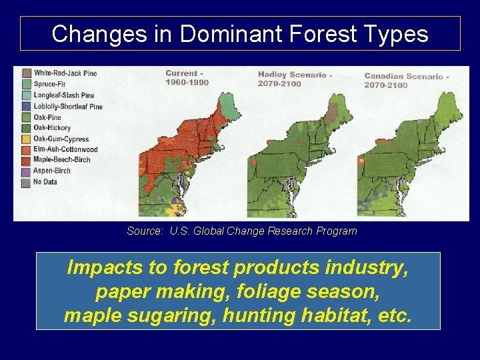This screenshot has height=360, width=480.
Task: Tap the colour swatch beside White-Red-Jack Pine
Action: click(x=27, y=73)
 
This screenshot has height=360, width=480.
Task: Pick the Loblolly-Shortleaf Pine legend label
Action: click(x=68, y=106)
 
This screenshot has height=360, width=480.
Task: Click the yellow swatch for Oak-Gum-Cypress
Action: click(x=27, y=139)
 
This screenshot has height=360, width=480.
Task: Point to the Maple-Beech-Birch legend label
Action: click(x=61, y=160)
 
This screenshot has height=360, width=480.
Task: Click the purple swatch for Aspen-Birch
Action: click(x=27, y=171)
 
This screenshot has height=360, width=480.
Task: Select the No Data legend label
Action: click(x=45, y=182)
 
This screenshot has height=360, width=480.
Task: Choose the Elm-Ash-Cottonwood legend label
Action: click(x=65, y=149)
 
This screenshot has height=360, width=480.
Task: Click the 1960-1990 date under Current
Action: click(x=187, y=83)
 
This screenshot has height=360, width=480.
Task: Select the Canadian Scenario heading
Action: click(x=406, y=77)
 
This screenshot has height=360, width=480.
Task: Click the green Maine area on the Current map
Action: click(x=230, y=107)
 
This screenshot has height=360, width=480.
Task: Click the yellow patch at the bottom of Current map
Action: click(x=175, y=209)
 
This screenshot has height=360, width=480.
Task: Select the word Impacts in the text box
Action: click(x=104, y=268)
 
